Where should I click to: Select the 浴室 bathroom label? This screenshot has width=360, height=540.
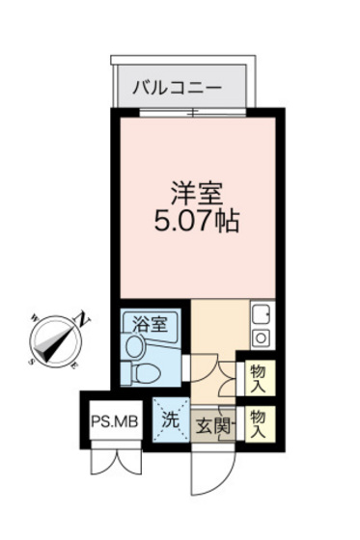click(151, 323)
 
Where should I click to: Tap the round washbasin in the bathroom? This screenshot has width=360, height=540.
click(134, 344)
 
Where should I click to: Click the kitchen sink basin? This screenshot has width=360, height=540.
click(262, 314)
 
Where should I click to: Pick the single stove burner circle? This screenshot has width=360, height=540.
click(262, 337)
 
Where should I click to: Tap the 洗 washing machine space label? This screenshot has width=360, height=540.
click(169, 419)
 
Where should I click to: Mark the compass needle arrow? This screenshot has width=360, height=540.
click(57, 338)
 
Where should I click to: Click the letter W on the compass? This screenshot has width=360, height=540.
click(32, 313)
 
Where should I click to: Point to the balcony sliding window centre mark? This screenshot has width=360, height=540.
click(193, 115)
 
